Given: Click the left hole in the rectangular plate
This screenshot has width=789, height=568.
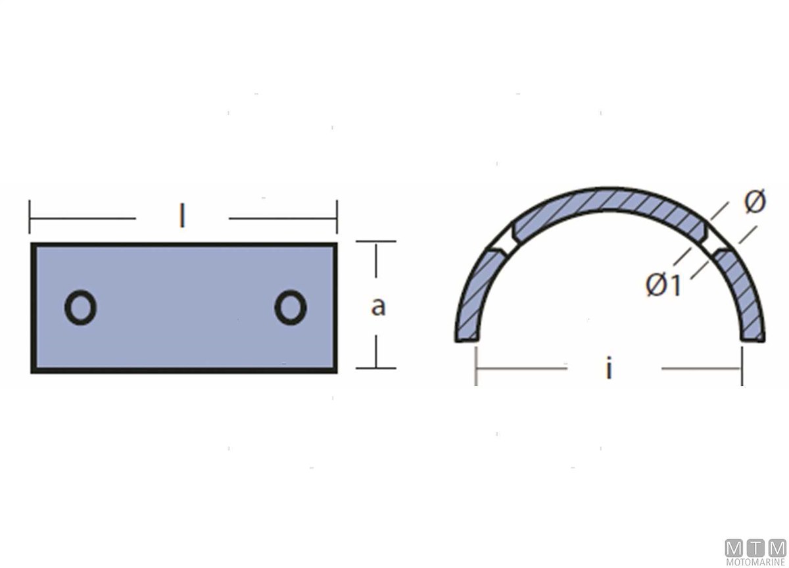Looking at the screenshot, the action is pos(80,308).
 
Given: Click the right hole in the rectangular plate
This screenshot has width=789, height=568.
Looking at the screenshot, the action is pos(291,308).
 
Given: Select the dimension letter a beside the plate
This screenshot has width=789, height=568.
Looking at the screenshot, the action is pos(378,306).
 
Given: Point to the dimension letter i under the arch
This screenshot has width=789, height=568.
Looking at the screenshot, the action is pos(609,367).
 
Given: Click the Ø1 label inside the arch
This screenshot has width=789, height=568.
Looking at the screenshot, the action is pos(663,285).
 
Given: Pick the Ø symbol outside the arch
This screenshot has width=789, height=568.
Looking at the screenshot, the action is pos(755,201).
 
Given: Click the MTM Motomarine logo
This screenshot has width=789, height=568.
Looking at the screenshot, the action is pos(755,551).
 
